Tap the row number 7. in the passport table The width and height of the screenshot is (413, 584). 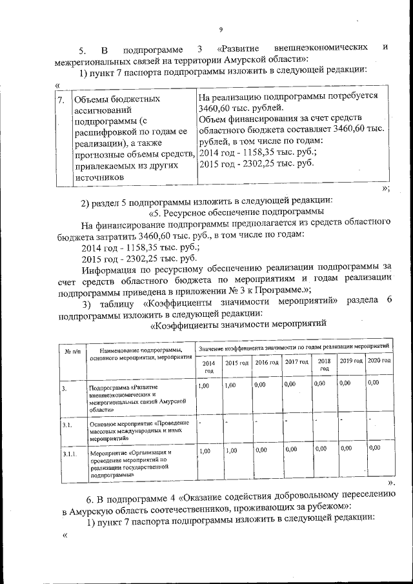(61, 100)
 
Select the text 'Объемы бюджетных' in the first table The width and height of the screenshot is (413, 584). (116, 100)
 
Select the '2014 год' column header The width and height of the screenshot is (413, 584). (208, 367)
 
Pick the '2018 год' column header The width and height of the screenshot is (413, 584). (324, 365)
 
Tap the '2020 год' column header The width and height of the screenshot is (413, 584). (379, 361)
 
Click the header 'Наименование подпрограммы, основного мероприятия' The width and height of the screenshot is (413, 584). (141, 352)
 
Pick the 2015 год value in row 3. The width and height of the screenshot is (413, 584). (230, 385)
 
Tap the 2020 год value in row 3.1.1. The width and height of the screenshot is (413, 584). (374, 448)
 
